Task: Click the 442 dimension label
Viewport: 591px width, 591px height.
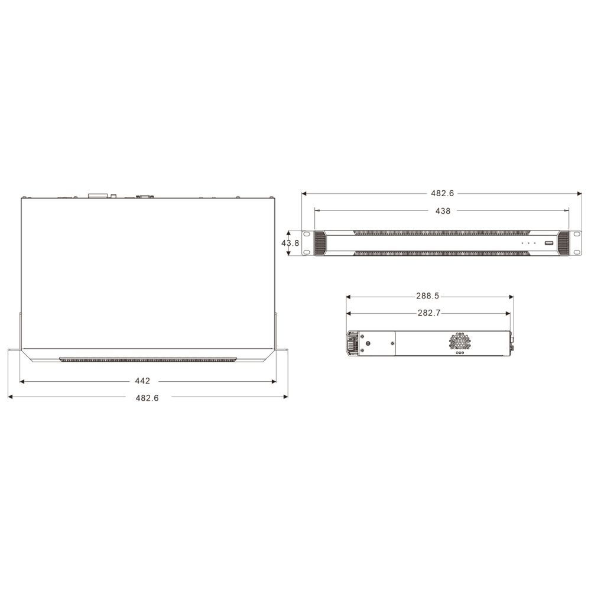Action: (142, 381)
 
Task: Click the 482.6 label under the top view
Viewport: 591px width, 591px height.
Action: (147, 398)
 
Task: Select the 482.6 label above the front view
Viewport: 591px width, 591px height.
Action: (443, 193)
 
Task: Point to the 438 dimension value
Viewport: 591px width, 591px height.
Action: (443, 211)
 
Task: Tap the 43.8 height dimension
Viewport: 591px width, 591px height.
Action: (290, 243)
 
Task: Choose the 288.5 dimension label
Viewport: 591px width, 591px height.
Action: (427, 296)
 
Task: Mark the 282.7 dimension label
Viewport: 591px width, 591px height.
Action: (429, 313)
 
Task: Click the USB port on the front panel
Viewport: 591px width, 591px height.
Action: (549, 243)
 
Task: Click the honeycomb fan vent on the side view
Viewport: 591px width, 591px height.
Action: (460, 342)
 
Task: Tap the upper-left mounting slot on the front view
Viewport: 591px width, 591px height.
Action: (307, 235)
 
